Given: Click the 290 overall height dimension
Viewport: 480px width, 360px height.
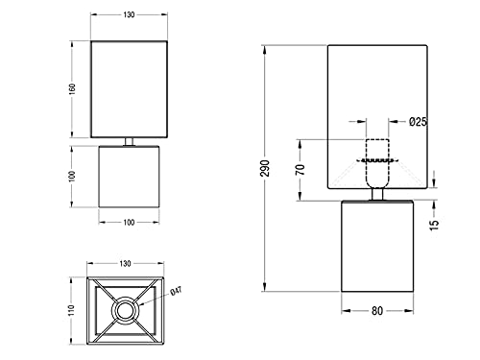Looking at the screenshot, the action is click(265, 168).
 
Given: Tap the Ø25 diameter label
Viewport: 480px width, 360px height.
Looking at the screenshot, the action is click(418, 122).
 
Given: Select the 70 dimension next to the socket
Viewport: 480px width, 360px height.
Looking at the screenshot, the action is click(300, 170).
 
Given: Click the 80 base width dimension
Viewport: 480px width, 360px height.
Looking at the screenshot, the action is click(377, 311).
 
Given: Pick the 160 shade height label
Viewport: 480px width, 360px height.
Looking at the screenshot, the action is click(72, 89).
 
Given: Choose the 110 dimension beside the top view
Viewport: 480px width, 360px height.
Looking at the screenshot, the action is click(71, 310).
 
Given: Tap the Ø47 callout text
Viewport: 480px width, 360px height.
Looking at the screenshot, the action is click(176, 291).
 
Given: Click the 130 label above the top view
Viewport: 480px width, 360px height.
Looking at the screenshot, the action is click(125, 263).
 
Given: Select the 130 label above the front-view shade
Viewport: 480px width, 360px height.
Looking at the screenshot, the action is click(129, 14).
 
